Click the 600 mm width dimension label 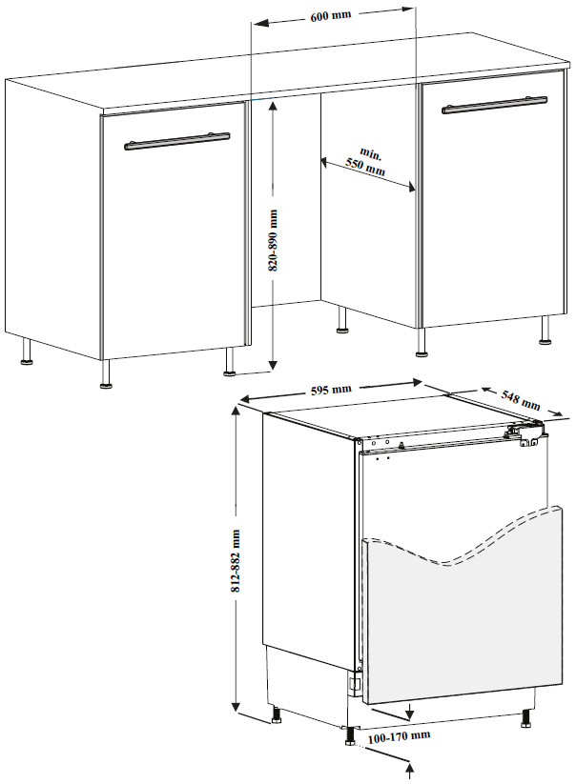coord(331,15)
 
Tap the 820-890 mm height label coord(273,240)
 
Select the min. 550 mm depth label coord(367,161)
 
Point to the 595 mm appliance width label coord(331,389)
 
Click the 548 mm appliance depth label coord(521,398)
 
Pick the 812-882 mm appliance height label coord(236,561)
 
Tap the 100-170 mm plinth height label coord(399,735)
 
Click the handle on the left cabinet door coord(177,141)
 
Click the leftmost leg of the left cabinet coord(26,352)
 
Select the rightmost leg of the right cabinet coord(545,330)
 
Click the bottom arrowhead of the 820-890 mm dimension coord(272,364)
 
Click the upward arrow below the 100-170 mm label coord(411,771)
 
